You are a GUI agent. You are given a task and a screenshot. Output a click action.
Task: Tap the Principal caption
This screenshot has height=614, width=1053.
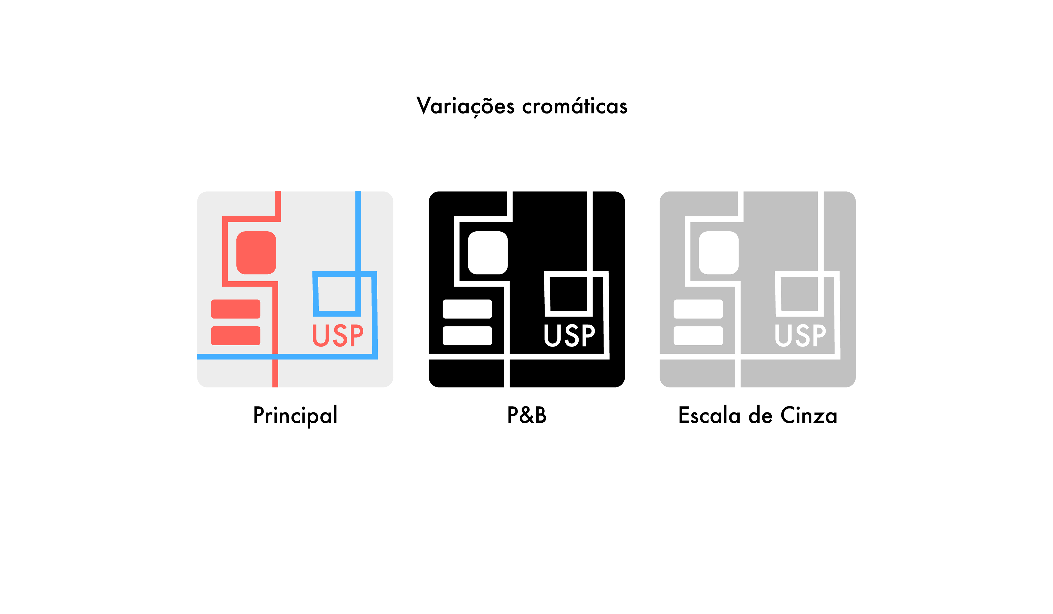coord(295,416)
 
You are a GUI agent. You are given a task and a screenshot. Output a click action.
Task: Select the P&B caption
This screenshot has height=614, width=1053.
coord(526,415)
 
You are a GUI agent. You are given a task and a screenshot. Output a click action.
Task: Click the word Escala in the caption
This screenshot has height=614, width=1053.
coord(709,416)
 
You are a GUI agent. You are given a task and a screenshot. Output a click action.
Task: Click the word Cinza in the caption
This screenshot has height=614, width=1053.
coord(809,416)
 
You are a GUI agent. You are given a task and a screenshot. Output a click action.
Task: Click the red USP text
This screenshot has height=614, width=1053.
coord(338,336)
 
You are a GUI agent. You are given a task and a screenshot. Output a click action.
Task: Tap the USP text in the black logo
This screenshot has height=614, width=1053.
coord(569,336)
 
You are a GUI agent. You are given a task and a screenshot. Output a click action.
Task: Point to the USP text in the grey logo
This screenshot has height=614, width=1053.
coord(800,336)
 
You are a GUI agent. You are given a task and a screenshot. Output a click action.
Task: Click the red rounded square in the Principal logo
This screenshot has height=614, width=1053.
coord(256,253)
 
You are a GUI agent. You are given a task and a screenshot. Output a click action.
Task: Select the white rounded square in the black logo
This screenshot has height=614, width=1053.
coord(488,253)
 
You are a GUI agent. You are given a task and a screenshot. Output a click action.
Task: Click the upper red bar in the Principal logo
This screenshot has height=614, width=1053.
coord(236,309)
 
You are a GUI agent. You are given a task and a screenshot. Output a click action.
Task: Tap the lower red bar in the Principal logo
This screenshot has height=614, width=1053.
coord(236,336)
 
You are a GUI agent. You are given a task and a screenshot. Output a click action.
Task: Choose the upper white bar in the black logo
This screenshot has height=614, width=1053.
coord(467,309)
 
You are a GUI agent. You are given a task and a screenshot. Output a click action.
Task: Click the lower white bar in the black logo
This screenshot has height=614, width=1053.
coord(467,336)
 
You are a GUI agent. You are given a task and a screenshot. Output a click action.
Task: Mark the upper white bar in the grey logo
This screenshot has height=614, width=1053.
coord(698,309)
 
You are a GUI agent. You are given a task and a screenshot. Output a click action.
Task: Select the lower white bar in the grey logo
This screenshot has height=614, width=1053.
coord(698,336)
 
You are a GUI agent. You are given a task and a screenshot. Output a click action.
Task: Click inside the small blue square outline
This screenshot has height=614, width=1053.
coord(336,293)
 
